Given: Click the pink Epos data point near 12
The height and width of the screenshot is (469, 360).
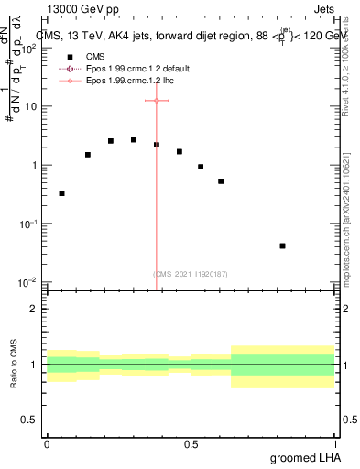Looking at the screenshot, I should point(157,100).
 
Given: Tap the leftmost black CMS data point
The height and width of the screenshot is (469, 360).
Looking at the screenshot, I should point(61,193).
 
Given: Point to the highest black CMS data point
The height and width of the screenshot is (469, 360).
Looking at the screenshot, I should point(134,140).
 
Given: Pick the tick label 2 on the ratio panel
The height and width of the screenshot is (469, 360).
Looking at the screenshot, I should point(35,309).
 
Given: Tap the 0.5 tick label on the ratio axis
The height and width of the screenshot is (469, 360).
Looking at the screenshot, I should point(30,420).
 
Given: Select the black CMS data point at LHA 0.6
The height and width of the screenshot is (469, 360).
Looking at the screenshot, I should point(221,181).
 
